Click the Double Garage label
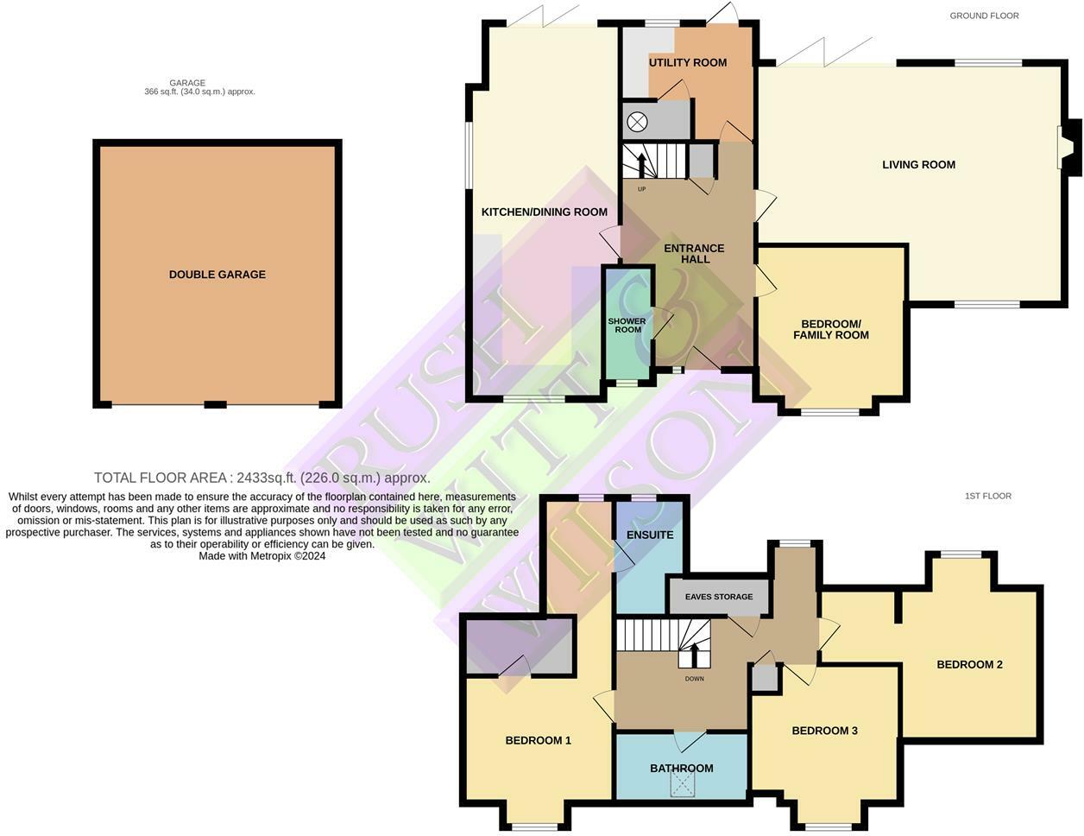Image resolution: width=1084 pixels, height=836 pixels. click(217, 275)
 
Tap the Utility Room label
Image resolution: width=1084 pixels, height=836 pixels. click(688, 62)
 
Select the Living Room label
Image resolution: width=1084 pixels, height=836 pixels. click(918, 165)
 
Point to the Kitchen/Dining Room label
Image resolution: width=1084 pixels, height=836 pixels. click(544, 212)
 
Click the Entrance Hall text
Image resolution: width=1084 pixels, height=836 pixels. click(694, 254)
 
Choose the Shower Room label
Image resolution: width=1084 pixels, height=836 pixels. click(627, 325)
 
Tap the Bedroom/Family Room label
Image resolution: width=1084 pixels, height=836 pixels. click(830, 329)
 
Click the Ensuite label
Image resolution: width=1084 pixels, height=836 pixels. click(650, 535)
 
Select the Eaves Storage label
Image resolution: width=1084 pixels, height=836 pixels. click(719, 597)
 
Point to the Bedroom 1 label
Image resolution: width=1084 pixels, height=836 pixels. click(538, 741)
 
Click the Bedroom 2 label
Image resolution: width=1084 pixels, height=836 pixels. click(969, 665)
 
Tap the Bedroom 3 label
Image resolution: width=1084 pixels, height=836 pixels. click(824, 731)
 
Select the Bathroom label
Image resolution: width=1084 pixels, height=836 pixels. click(681, 769)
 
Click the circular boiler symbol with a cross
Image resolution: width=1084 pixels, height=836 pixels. click(637, 122)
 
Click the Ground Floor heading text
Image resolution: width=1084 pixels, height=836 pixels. click(984, 16)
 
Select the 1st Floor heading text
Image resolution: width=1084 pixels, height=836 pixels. click(987, 497)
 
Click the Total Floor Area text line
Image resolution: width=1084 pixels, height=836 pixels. click(262, 478)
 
